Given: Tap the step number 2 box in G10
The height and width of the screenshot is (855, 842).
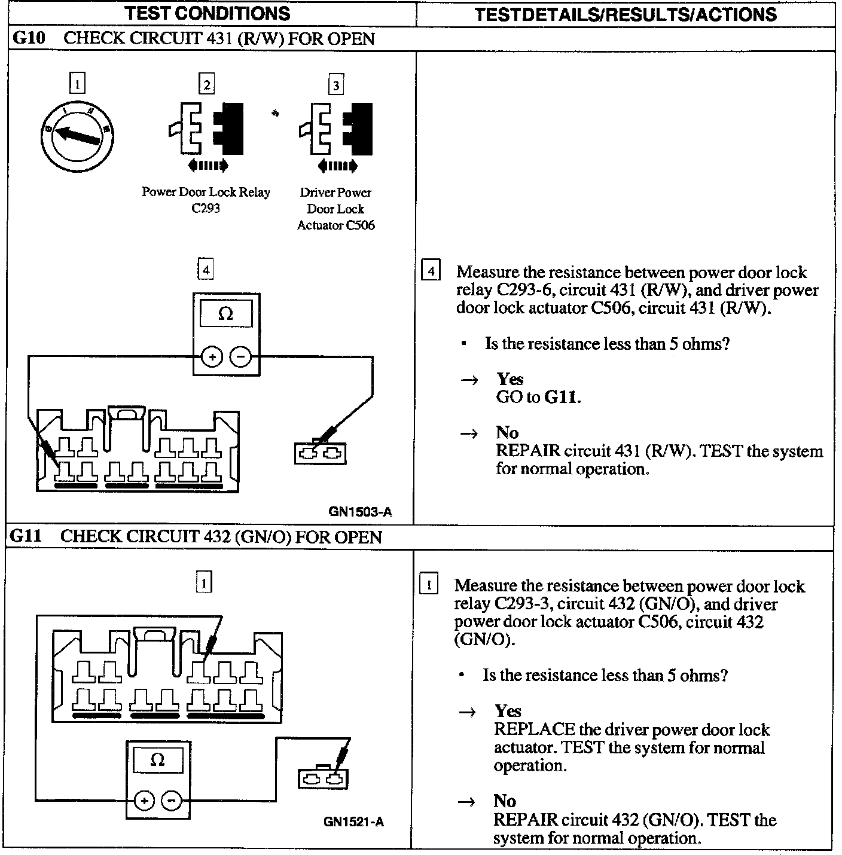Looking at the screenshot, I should pos(206,84).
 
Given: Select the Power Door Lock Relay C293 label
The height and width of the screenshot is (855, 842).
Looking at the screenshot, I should pos(206,200).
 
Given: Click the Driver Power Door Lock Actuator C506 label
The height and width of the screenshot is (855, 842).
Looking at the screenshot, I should pos(335,209).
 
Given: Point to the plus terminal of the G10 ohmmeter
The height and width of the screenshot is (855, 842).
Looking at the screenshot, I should pos(211,358).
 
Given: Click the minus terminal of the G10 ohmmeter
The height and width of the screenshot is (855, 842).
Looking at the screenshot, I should pos(241,358).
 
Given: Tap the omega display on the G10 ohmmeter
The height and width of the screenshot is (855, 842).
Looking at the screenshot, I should pos(226,313).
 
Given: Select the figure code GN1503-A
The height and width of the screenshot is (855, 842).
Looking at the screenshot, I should pos(360,512).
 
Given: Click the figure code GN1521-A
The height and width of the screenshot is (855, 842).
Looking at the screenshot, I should pos(353,822).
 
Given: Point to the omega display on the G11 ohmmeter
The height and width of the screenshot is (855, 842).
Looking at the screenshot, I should pos(158,760).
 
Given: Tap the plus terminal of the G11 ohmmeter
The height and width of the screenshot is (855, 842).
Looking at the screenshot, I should pos(144,801).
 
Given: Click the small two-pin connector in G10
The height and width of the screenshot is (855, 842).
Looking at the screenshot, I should pos(321,454).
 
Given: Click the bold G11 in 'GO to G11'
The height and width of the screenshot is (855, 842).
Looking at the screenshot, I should pos(562,397).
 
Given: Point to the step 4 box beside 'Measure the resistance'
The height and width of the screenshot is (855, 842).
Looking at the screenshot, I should pos(431,271).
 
